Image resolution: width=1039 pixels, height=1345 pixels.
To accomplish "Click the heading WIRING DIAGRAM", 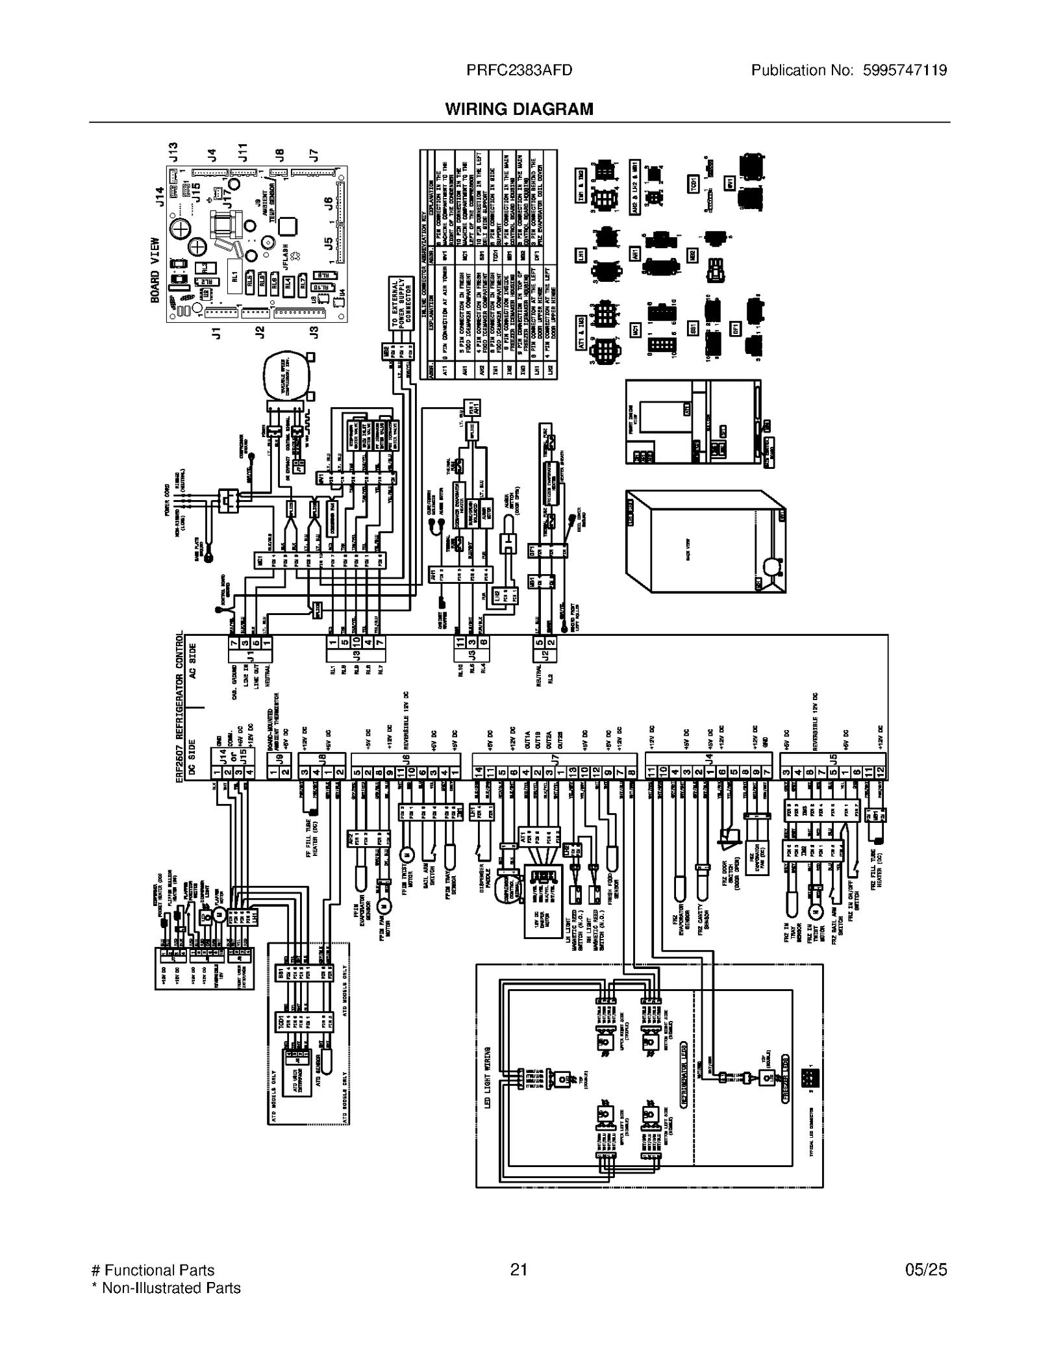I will pos(519,109).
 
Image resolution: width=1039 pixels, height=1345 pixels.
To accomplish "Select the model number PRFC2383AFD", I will pos(519,70).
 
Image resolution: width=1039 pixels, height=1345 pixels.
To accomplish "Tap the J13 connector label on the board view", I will pos(173,152).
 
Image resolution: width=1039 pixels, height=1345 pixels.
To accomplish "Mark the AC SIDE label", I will pos(193,661).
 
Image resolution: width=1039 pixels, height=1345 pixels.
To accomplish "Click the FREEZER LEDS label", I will pos(786,1078).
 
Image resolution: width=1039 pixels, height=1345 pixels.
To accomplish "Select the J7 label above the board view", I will pos(314,155).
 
